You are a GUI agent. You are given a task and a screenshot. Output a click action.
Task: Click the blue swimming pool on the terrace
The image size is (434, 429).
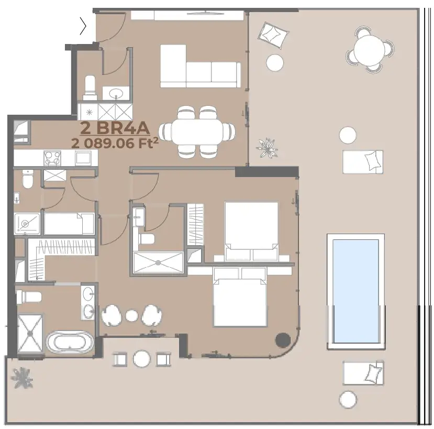click(x=355, y=291)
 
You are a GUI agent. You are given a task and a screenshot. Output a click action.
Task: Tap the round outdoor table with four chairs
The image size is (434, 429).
click(x=370, y=50)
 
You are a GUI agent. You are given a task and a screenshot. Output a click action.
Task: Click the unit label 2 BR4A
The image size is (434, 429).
click(x=115, y=128)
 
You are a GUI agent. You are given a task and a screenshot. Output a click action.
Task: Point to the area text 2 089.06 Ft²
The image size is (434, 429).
click(x=115, y=144)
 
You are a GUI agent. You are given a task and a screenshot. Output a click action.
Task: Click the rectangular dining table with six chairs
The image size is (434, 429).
click(x=197, y=132)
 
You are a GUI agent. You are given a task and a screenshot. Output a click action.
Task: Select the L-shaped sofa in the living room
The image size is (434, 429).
click(x=200, y=67)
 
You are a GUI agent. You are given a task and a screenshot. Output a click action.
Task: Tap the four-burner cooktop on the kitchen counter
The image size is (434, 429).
click(x=52, y=158)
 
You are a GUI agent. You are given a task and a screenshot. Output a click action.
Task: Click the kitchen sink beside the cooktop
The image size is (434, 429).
click(x=83, y=158)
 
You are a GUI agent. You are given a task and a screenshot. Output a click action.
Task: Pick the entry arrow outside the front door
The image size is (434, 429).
click(x=83, y=26)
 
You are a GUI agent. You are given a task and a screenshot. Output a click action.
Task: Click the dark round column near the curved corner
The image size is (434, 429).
click(x=283, y=339)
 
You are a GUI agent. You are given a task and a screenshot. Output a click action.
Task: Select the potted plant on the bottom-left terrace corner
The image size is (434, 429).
click(x=22, y=378)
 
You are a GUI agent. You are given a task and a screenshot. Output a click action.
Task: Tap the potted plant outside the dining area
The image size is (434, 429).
click(x=267, y=148)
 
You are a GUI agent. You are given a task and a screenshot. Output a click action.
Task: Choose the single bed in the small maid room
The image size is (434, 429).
click(x=69, y=224)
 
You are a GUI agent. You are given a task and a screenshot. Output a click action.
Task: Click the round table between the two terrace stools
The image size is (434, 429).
click(x=142, y=359)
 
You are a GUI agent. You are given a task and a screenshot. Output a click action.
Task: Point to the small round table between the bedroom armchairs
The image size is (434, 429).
click(x=132, y=316)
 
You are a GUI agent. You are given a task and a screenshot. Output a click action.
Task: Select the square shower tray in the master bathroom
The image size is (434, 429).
click(x=30, y=334)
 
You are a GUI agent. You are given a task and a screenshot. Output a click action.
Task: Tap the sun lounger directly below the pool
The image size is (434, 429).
click(x=363, y=373)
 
